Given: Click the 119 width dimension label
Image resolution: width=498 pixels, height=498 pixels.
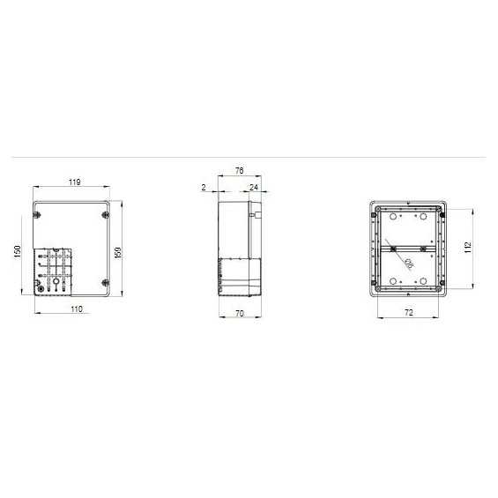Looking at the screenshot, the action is point(75,182).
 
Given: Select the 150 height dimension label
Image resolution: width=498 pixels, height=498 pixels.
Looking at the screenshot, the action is point(18,251).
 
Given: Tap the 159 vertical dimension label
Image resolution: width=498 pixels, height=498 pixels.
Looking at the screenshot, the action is point(117,252).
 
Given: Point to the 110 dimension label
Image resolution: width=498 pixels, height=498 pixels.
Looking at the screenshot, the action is point(77,309).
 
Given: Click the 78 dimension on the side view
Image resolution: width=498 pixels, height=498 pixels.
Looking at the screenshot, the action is point(240,170).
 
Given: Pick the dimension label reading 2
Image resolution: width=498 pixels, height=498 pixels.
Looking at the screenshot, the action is point(204,188).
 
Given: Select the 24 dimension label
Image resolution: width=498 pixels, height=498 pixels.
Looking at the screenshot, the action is point(254,188).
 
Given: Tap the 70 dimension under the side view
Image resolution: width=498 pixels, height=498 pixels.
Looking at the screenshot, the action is point(240,314).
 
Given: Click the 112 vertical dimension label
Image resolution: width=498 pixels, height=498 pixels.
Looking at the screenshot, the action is point(468,248).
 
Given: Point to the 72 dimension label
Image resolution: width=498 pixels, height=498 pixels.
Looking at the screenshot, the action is point(409,313).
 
